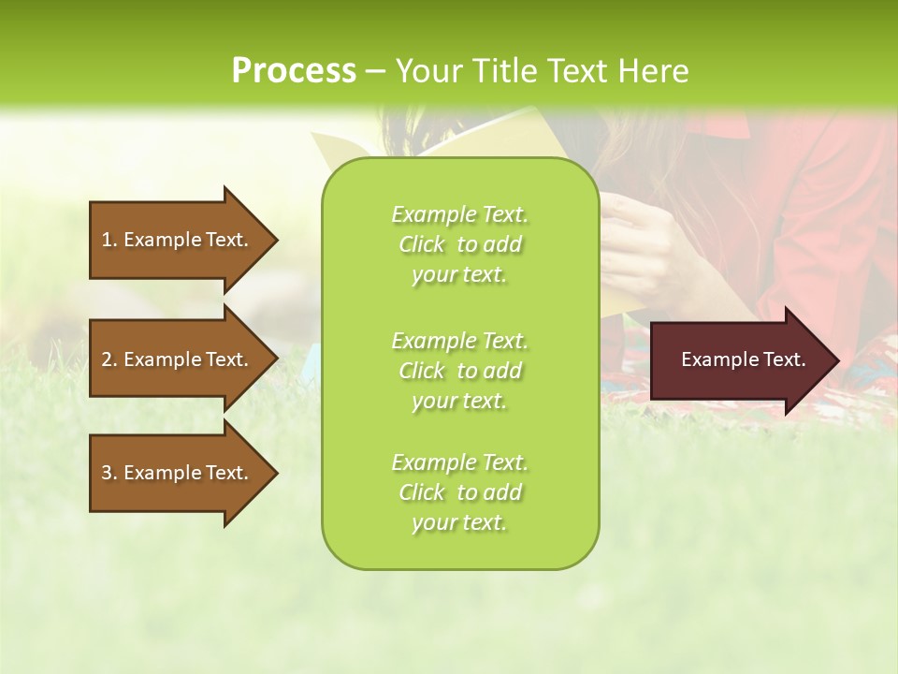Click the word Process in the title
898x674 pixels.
(294, 71)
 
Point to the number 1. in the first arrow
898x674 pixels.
(109, 240)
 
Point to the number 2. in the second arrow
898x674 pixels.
(109, 359)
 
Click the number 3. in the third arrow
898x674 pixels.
(109, 473)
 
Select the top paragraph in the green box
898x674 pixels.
(459, 244)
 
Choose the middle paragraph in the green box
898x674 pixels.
(459, 370)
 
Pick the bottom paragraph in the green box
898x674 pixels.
(459, 492)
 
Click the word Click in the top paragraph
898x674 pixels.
(422, 244)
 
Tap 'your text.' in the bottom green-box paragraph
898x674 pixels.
(459, 522)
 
